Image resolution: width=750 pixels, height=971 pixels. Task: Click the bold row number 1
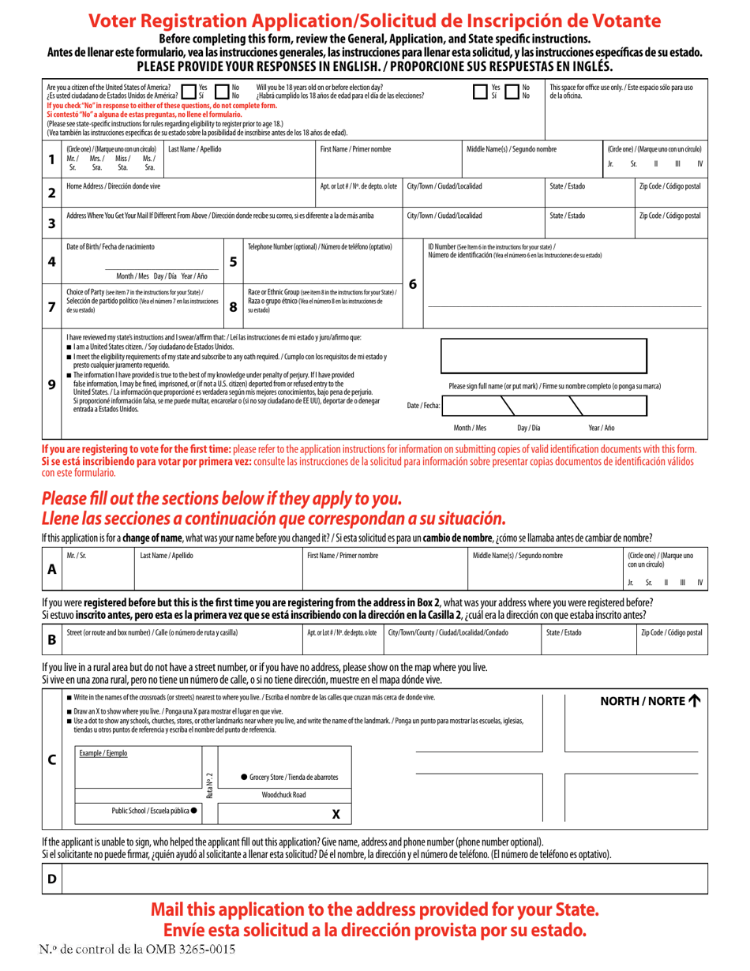point(51,159)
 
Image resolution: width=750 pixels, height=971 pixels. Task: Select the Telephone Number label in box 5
point(320,247)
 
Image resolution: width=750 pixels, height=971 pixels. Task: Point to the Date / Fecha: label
point(423,405)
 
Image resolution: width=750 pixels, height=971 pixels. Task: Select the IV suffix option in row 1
point(700,164)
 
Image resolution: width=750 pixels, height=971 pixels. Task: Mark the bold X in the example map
point(336,814)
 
